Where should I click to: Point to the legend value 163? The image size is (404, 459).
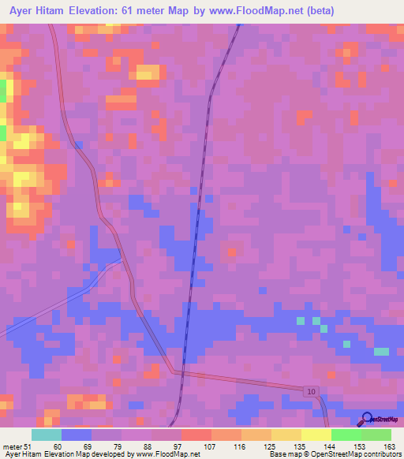390,447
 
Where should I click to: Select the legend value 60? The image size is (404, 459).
58,447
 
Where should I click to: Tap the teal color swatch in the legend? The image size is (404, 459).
46,435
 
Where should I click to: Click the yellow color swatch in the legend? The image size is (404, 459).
315,435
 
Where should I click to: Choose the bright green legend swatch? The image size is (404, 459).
345,435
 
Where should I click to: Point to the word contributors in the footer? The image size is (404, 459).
380,455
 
